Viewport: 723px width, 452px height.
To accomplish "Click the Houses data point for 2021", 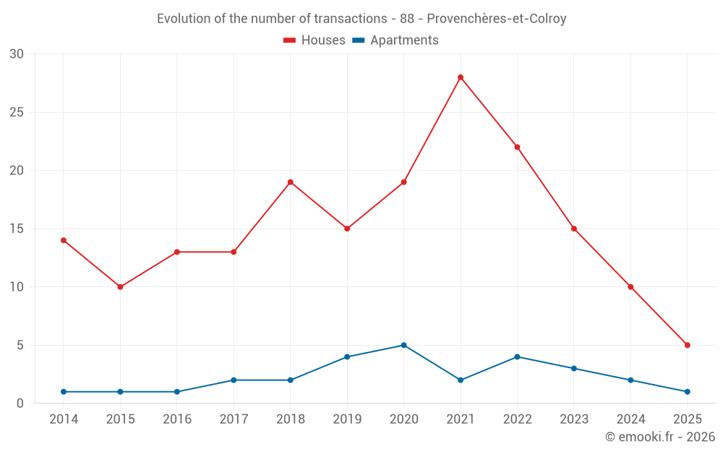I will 461,77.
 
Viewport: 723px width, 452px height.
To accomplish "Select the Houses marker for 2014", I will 64,240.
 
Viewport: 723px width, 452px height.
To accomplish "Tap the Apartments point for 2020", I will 403,345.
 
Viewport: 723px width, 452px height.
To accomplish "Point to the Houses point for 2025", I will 687,345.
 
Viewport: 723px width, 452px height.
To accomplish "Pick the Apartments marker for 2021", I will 461,380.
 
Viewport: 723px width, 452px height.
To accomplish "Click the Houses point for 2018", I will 291,182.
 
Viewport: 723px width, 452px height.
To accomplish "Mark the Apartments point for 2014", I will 64,391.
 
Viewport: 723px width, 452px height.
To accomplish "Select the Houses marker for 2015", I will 120,287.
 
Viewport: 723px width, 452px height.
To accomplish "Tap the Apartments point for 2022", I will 517,357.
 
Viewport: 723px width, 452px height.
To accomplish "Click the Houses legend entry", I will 315,40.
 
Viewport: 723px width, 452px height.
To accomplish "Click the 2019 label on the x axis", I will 347,419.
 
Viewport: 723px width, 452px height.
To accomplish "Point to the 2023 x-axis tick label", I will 574,419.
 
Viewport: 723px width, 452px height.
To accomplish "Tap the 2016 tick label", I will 177,419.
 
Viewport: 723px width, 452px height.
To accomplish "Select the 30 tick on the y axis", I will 17,54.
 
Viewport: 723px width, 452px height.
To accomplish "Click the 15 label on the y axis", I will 17,229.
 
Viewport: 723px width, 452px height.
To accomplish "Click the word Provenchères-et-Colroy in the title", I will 497,19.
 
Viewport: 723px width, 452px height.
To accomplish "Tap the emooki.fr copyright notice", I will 659,437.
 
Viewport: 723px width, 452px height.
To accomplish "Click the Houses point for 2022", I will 517,148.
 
